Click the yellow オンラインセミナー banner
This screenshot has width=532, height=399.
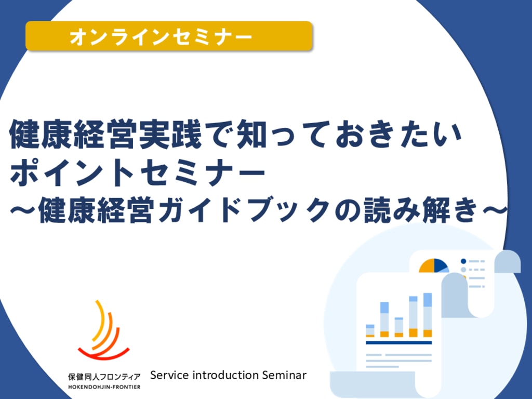click(x=169, y=36)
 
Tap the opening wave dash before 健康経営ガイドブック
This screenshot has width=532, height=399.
click(x=23, y=211)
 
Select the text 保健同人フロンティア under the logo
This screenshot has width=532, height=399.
click(x=104, y=377)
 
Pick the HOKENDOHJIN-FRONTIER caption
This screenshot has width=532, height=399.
click(x=104, y=387)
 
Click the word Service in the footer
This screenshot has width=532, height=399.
click(x=169, y=375)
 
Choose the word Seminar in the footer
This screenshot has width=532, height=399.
click(x=284, y=375)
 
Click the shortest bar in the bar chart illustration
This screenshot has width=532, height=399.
click(x=370, y=331)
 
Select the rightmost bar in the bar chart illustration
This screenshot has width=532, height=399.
click(x=428, y=315)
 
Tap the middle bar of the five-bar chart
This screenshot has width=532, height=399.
click(x=398, y=327)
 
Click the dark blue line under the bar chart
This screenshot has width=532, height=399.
click(x=398, y=343)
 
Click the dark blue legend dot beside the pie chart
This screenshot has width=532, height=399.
click(x=463, y=261)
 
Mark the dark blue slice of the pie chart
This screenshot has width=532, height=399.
click(x=440, y=264)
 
